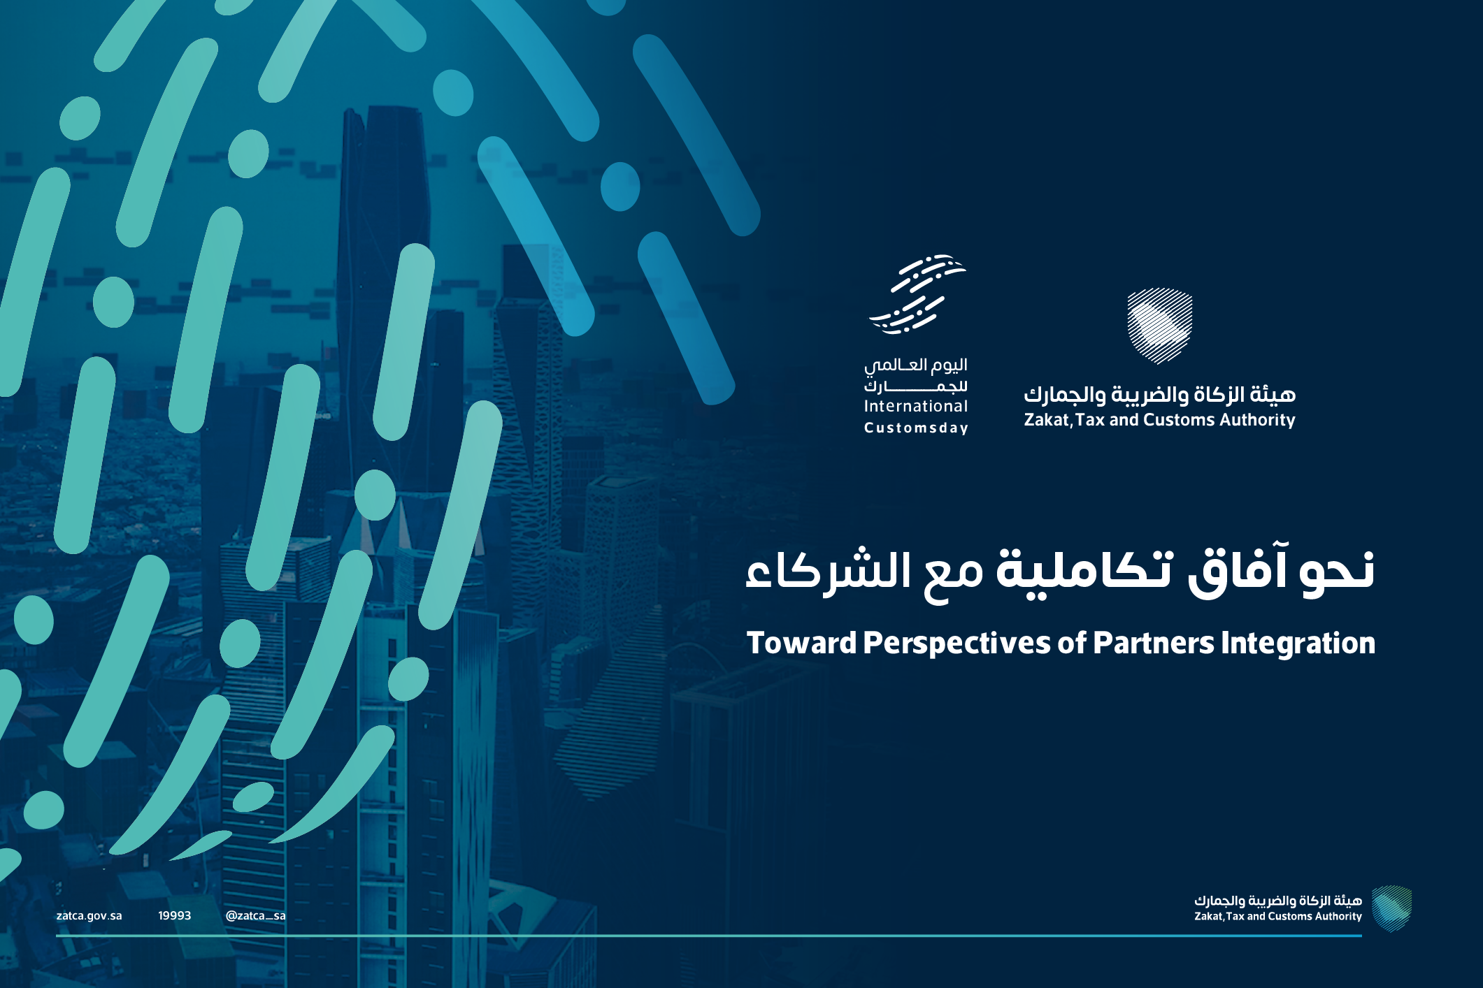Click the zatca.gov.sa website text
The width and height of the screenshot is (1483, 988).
89,916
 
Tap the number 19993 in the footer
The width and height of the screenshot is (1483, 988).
174,915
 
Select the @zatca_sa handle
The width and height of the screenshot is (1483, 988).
255,916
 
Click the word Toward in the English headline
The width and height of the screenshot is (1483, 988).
801,643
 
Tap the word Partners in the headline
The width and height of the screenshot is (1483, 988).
1154,643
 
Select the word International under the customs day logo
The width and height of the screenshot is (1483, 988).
916,406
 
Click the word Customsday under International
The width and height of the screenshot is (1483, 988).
916,428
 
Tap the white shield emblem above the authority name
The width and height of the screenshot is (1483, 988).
1160,326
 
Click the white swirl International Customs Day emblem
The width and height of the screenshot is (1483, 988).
917,294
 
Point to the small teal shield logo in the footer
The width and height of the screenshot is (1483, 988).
1391,908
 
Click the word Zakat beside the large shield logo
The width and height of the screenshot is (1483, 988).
1047,420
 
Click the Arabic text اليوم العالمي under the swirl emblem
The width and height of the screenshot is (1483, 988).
916,365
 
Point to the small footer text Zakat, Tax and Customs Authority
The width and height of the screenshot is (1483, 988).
1278,916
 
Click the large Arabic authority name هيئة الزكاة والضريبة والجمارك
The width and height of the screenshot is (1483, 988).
1160,395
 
